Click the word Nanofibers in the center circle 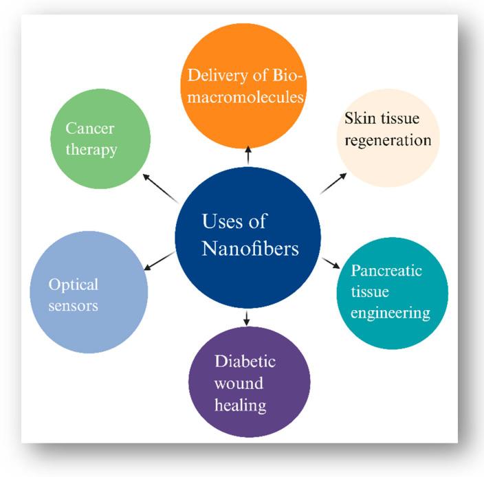250,248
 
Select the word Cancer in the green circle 89,129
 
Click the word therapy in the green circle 92,150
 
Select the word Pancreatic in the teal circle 386,269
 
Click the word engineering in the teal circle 390,313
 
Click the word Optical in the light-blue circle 74,284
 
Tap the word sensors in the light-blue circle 73,305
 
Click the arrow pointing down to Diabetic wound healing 247,317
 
